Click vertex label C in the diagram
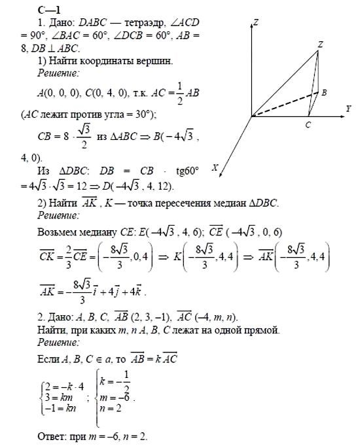(308, 123)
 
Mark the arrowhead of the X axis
(222, 175)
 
